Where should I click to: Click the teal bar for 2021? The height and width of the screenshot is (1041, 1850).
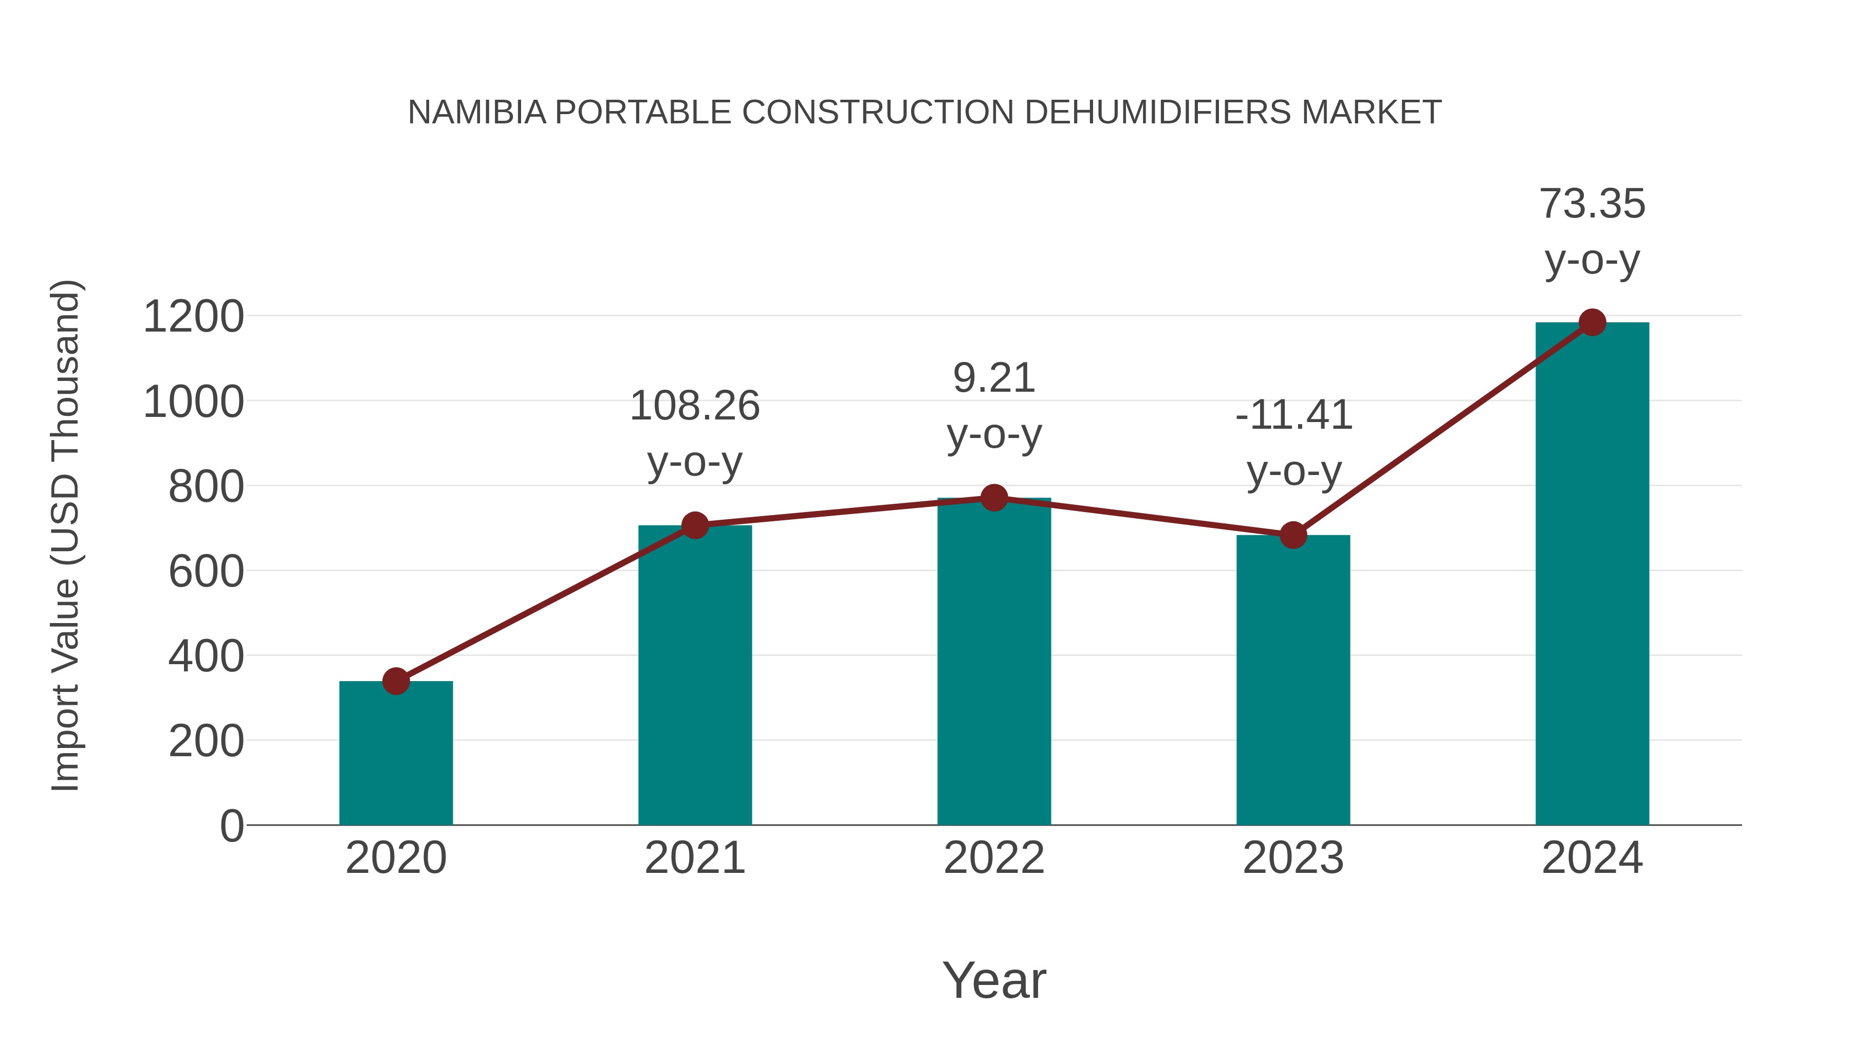[694, 675]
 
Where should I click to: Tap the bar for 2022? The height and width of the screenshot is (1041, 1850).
[994, 661]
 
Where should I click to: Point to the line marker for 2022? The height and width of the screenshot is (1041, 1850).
[994, 497]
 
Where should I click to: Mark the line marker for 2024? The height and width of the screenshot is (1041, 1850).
[1592, 322]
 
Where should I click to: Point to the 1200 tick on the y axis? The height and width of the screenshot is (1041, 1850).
[193, 316]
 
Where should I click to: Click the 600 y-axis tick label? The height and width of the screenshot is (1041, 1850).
[206, 572]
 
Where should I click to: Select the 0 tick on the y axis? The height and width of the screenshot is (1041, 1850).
[232, 826]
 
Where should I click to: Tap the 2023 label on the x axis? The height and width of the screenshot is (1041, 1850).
[1293, 858]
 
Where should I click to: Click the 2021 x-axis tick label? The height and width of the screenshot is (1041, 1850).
[694, 858]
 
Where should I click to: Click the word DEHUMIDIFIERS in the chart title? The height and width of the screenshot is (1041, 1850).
[1158, 112]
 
